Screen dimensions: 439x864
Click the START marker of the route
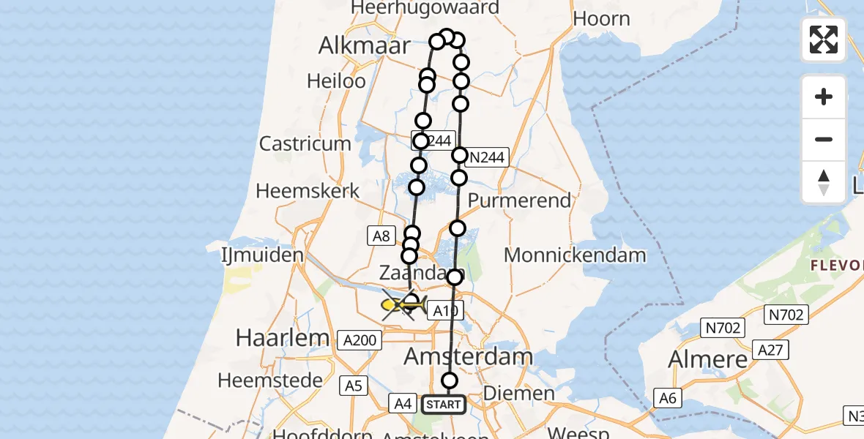pyautogui.click(x=443, y=404)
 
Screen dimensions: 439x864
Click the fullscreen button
pyautogui.click(x=824, y=40)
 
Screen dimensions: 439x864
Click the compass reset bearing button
pyautogui.click(x=824, y=182)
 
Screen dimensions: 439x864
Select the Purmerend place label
pyautogui.click(x=519, y=200)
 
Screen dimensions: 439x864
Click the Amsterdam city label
pyautogui.click(x=469, y=359)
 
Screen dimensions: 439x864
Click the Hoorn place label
pyautogui.click(x=601, y=19)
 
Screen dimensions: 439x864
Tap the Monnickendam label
pyautogui.click(x=576, y=255)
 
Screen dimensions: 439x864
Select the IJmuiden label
pyautogui.click(x=262, y=255)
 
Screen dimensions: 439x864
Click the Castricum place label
pyautogui.click(x=305, y=143)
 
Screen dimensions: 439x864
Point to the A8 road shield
pyautogui.click(x=379, y=236)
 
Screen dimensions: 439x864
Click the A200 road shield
pyautogui.click(x=360, y=339)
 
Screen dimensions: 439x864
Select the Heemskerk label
pyautogui.click(x=308, y=191)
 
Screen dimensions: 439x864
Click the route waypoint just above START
pyautogui.click(x=450, y=380)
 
